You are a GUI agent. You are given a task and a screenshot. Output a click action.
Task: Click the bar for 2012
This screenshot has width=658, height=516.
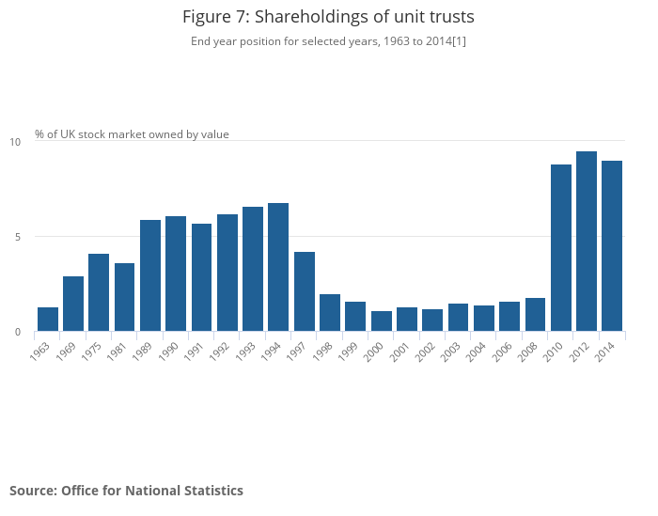(587, 242)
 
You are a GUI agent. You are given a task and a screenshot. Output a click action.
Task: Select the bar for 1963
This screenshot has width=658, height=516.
(48, 320)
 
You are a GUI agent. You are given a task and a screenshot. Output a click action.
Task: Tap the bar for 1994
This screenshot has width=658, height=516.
(278, 267)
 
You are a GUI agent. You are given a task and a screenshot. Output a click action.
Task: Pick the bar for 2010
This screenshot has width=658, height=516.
(561, 248)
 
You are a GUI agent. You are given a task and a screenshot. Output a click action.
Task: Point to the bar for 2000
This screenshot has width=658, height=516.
(381, 321)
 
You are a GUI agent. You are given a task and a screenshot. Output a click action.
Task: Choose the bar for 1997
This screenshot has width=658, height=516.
(304, 291)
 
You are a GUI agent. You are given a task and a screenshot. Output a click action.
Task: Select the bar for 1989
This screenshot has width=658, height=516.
(150, 275)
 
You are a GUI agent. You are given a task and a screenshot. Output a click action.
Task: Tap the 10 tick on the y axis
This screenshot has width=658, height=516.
(15, 142)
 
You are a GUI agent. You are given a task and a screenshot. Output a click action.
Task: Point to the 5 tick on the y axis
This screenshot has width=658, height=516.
(17, 237)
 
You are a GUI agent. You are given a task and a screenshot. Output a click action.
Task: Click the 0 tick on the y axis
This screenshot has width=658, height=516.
(17, 332)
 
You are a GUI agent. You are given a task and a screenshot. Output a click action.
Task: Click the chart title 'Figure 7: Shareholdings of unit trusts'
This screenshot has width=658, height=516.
(328, 17)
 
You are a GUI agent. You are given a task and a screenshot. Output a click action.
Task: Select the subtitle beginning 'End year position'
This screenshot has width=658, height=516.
(328, 41)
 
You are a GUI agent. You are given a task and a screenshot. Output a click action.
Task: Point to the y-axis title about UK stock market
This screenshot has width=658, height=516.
(132, 134)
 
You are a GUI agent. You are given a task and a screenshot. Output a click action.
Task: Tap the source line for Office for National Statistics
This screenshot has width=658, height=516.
(126, 491)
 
